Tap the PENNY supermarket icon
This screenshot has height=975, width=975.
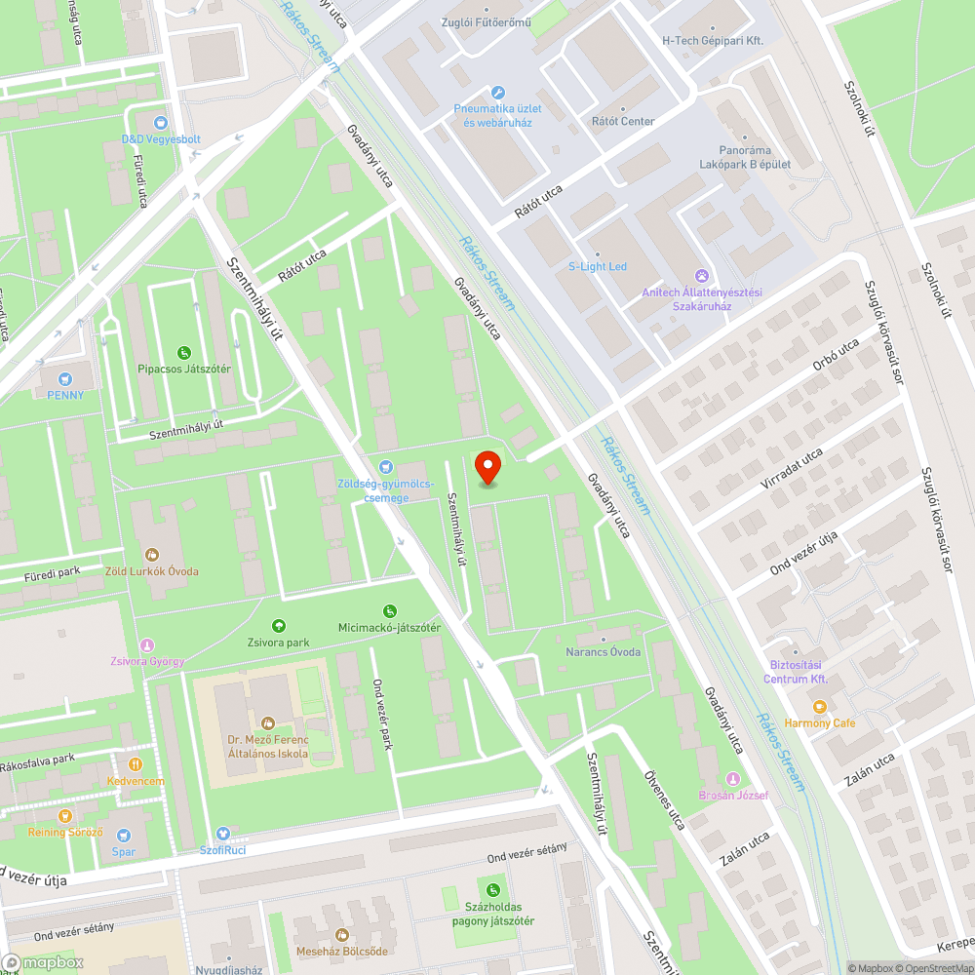(x=65, y=378)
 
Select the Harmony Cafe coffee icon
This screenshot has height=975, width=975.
(x=819, y=706)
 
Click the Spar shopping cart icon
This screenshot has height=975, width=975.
(x=123, y=835)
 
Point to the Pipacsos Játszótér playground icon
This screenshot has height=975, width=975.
(x=183, y=352)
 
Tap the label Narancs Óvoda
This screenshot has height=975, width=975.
(x=604, y=651)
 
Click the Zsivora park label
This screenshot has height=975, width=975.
(x=278, y=643)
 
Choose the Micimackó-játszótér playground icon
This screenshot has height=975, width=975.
(x=389, y=610)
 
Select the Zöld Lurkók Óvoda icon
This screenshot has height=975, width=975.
(x=151, y=554)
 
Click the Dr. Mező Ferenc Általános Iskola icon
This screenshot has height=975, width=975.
(x=268, y=722)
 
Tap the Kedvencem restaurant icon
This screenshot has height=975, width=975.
(x=136, y=764)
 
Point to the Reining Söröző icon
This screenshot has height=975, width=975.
(x=65, y=815)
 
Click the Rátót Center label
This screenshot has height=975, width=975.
(x=623, y=121)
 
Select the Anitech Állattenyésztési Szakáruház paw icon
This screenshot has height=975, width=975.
(x=701, y=276)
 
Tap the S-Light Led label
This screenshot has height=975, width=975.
(x=598, y=266)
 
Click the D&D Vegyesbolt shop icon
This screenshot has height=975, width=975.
(x=161, y=123)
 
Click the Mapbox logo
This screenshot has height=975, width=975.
(x=44, y=962)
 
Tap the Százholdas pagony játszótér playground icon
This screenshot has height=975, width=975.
(x=493, y=889)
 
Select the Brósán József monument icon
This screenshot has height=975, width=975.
(x=733, y=778)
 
